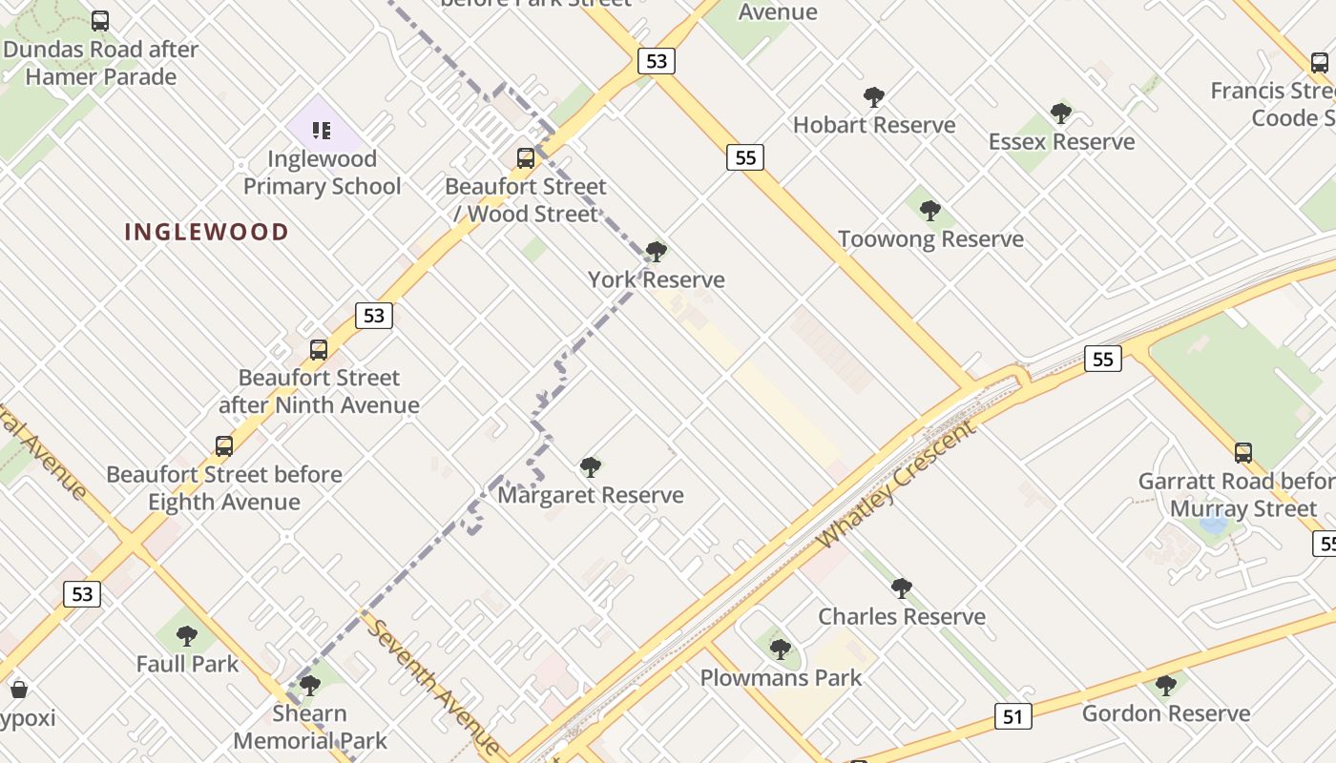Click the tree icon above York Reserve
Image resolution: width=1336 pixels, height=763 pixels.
[x=656, y=252]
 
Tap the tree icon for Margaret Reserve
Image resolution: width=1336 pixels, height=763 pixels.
[x=591, y=467]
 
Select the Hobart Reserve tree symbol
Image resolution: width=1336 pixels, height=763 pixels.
[x=873, y=97]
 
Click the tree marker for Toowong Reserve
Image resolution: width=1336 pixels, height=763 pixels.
[x=930, y=211]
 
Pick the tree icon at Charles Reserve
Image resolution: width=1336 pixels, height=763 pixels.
[x=901, y=588]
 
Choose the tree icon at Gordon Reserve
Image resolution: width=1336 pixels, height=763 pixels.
[x=1165, y=686]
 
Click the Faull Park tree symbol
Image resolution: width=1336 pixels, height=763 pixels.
[x=187, y=636]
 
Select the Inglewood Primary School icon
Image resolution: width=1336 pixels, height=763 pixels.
[x=322, y=131]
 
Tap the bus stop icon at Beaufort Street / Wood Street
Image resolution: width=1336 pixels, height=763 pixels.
[x=526, y=158]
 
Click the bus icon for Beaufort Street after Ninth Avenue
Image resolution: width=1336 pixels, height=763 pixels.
[x=319, y=350]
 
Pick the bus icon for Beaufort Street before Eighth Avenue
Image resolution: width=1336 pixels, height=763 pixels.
[x=224, y=446]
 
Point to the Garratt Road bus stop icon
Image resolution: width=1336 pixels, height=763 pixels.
[x=1242, y=453]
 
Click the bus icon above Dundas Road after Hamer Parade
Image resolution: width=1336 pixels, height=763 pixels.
[x=100, y=21]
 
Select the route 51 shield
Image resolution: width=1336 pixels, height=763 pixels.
[x=1012, y=716]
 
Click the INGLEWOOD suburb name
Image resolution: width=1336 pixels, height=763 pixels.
[x=206, y=232]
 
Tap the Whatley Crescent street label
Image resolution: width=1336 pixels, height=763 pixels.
[x=896, y=485]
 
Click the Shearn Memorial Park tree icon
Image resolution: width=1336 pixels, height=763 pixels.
[x=309, y=686]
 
